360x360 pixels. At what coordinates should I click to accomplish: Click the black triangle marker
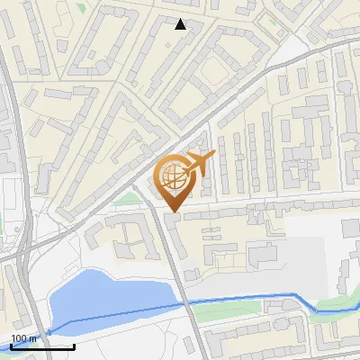coord(181,24)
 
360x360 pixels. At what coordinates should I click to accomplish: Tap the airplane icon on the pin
coord(196,165)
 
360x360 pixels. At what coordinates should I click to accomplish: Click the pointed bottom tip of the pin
coord(174,211)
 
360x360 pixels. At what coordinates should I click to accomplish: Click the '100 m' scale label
coord(24,338)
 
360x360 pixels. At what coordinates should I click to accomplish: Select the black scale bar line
coord(42,346)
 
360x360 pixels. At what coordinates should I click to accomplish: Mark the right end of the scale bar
coord(74,346)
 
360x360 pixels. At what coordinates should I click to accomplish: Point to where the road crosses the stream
coord(187,304)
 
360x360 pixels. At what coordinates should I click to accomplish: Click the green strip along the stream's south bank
coord(225,311)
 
